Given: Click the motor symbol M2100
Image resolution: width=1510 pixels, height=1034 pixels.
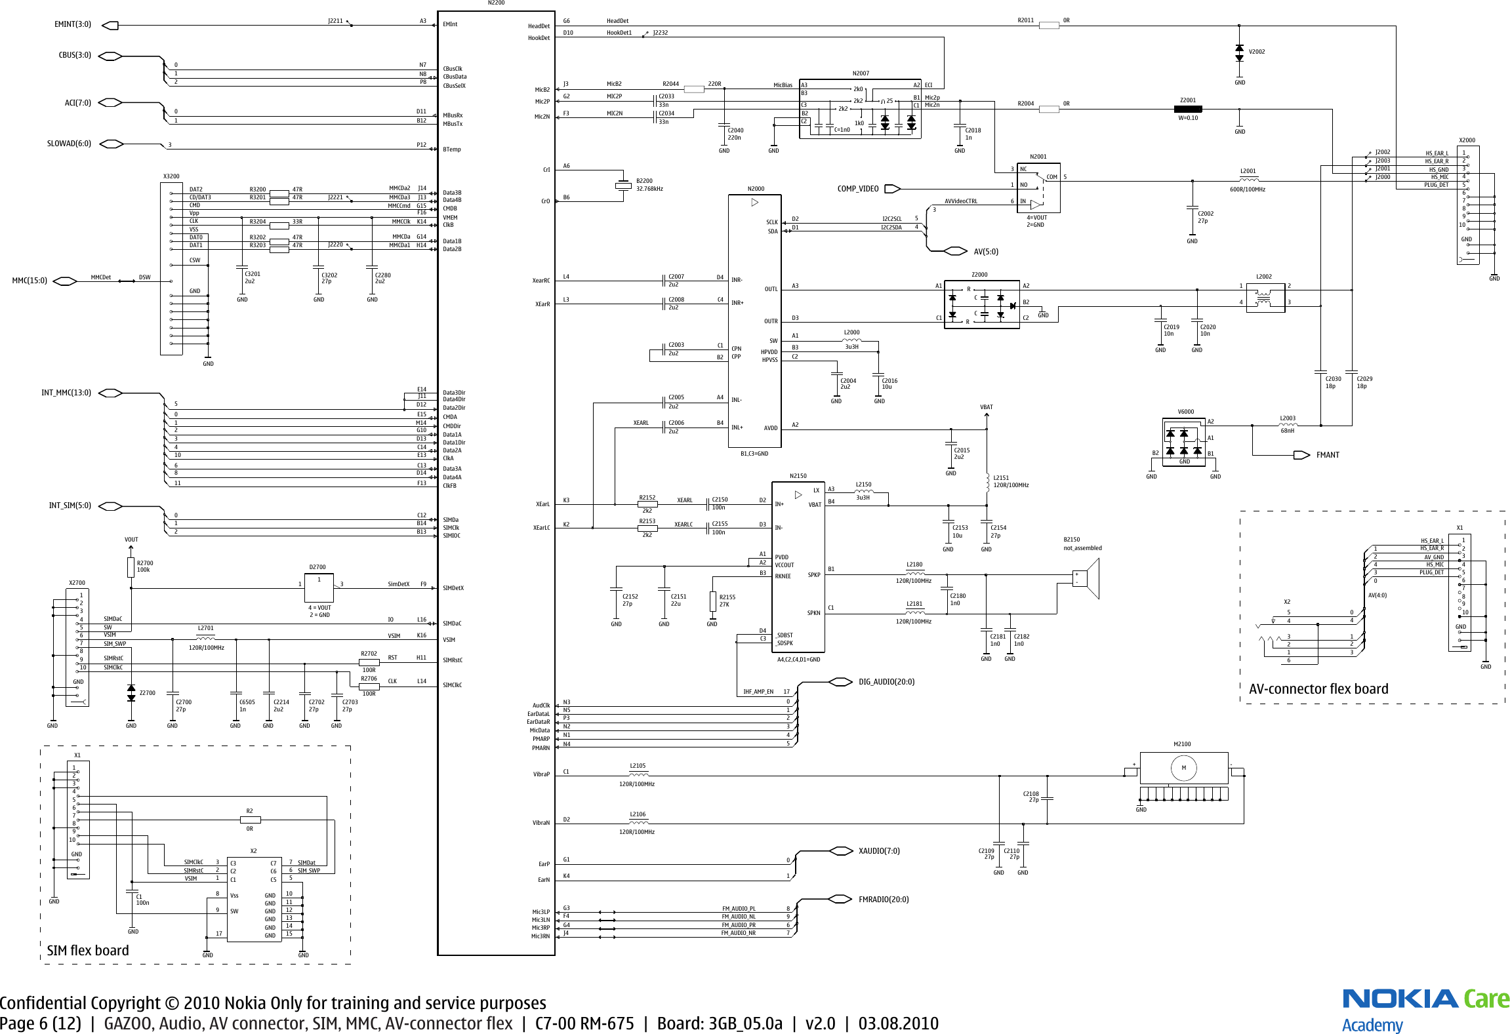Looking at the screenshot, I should pyautogui.click(x=1183, y=768).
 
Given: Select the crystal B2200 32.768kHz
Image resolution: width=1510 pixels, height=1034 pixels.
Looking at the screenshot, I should pyautogui.click(x=622, y=186).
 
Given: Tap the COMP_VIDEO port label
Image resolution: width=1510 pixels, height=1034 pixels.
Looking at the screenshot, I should pyautogui.click(x=857, y=189).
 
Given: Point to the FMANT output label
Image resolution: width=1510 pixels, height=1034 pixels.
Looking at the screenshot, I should pyautogui.click(x=1327, y=455).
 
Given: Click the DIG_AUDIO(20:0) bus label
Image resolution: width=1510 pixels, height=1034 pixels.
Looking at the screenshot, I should pyautogui.click(x=886, y=682).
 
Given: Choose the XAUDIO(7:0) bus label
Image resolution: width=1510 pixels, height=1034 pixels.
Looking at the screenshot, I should pyautogui.click(x=879, y=851).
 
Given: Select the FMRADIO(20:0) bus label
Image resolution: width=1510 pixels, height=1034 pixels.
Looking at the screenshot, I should pyautogui.click(x=884, y=900).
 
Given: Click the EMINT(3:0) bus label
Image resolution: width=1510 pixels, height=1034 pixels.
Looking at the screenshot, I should pyautogui.click(x=72, y=25).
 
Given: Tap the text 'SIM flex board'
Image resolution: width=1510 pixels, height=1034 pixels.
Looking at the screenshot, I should pyautogui.click(x=88, y=951).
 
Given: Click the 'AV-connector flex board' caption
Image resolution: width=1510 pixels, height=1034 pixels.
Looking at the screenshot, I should pyautogui.click(x=1318, y=689).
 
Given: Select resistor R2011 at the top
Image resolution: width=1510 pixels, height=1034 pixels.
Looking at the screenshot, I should pyautogui.click(x=1049, y=26).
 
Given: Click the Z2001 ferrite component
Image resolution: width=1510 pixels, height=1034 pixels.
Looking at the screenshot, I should pyautogui.click(x=1188, y=109).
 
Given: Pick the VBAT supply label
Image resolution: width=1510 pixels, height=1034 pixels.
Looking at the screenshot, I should pyautogui.click(x=986, y=407).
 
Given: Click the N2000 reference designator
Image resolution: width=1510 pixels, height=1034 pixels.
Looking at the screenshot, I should pyautogui.click(x=756, y=189).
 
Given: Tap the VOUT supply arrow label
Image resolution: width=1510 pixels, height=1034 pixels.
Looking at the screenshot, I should pyautogui.click(x=131, y=540).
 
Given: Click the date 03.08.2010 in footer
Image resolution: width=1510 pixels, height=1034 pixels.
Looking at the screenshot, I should pyautogui.click(x=898, y=1024).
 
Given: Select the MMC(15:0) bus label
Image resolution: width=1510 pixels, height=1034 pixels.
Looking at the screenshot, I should pyautogui.click(x=30, y=281).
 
